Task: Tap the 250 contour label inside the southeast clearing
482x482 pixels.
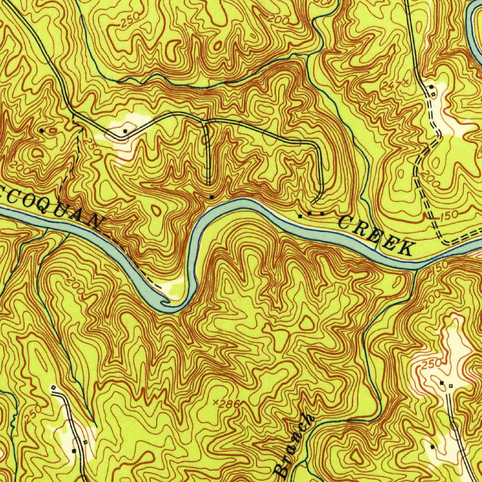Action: coord(432,364)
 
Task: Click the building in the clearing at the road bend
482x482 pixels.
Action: coord(125,130)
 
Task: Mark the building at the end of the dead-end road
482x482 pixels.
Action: coord(212,196)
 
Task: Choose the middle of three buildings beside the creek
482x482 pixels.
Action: coord(311,215)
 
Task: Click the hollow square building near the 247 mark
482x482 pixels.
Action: coord(433,93)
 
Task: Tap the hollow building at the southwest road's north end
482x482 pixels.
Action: coord(53,387)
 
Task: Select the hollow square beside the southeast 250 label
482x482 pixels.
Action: coord(450,386)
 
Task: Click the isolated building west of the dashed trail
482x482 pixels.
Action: coord(42,130)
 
